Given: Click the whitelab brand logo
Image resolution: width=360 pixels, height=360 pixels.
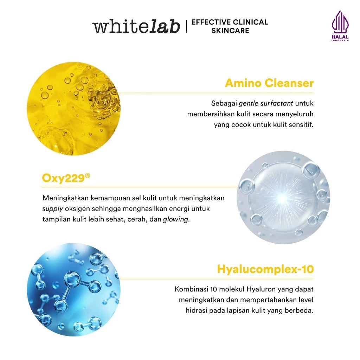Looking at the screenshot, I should [x=136, y=26].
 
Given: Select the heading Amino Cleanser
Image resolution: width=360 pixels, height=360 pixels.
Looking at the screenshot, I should [x=269, y=83].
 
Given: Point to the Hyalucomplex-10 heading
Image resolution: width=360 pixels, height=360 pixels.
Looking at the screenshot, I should [x=265, y=269].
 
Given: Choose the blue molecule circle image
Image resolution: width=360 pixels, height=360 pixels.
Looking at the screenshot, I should [x=73, y=290].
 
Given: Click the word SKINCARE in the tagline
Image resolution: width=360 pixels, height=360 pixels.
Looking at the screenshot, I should [x=230, y=31].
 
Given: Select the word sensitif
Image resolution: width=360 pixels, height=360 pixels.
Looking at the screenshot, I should [x=301, y=125].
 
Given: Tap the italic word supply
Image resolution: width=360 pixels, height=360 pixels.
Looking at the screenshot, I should [x=53, y=209].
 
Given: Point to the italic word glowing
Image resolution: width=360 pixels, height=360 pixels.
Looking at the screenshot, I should [x=176, y=219].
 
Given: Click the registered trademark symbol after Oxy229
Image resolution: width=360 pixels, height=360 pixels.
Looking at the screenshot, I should [x=88, y=175].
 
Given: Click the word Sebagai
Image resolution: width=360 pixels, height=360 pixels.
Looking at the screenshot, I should [x=224, y=104].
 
